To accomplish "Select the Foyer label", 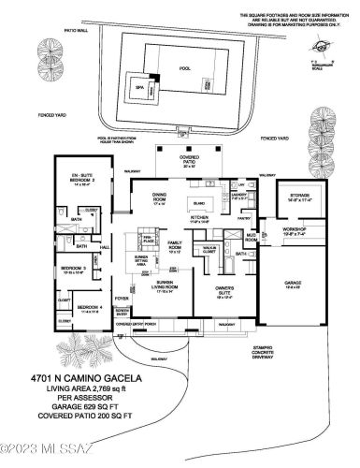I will (122, 300).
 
